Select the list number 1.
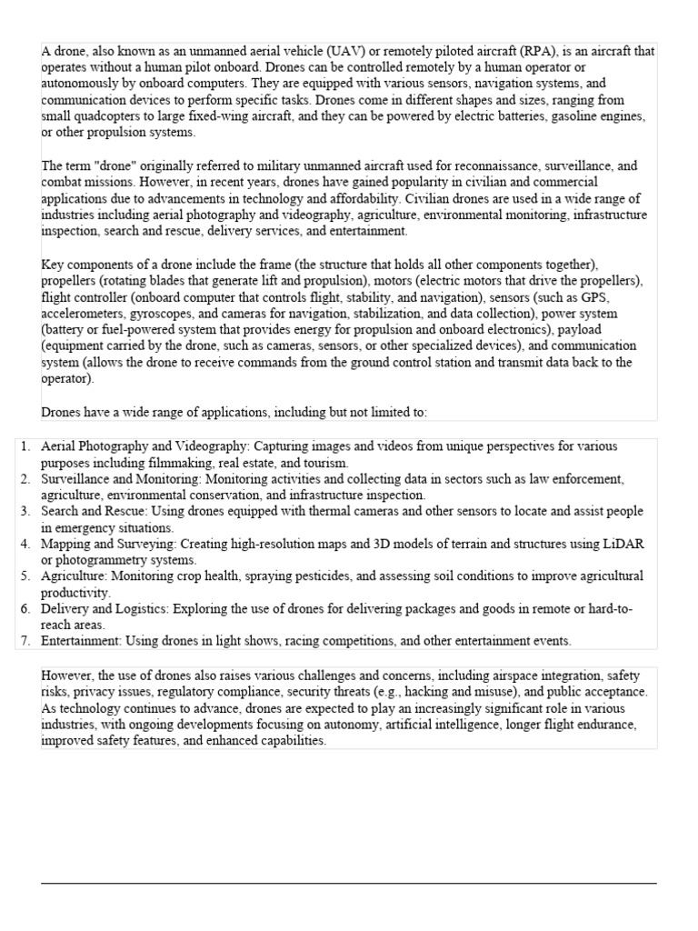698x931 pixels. (25, 446)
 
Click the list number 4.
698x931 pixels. (25, 544)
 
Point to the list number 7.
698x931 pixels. (25, 641)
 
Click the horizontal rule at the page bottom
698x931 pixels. (348, 882)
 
